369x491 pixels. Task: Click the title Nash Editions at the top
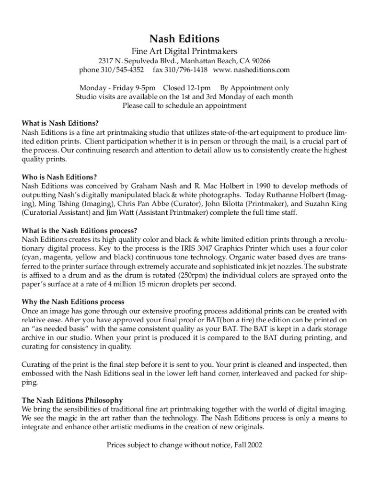[x=184, y=38]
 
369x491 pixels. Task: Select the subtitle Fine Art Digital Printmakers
[x=184, y=51]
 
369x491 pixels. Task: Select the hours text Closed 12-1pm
[x=186, y=88]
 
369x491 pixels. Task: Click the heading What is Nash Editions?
[x=60, y=123]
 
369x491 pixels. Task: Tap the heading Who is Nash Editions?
[x=59, y=177]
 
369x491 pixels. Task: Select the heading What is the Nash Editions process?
[x=80, y=231]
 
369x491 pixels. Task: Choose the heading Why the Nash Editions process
[x=73, y=302]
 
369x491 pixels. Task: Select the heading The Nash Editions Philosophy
[x=72, y=400]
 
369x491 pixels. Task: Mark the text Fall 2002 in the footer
[x=248, y=444]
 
